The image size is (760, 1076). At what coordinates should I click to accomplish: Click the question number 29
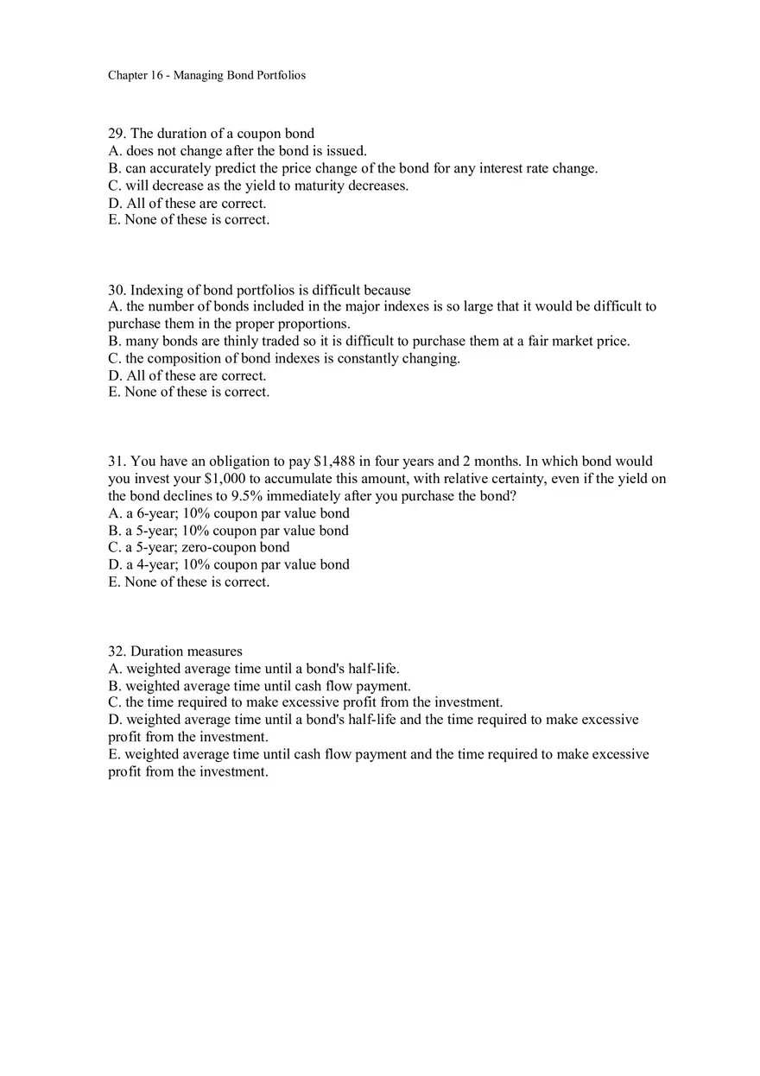pyautogui.click(x=116, y=134)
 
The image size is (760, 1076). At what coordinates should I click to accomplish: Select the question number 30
pyautogui.click(x=116, y=290)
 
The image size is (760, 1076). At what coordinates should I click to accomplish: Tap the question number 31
pyautogui.click(x=116, y=462)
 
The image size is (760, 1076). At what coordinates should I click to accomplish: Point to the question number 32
pyautogui.click(x=116, y=651)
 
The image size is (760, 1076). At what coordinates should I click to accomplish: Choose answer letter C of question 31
pyautogui.click(x=113, y=548)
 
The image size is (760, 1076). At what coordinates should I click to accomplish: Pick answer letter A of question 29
pyautogui.click(x=113, y=151)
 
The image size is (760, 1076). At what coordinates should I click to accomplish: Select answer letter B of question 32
pyautogui.click(x=113, y=686)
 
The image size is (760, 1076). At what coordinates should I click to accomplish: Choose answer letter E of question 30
pyautogui.click(x=113, y=393)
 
